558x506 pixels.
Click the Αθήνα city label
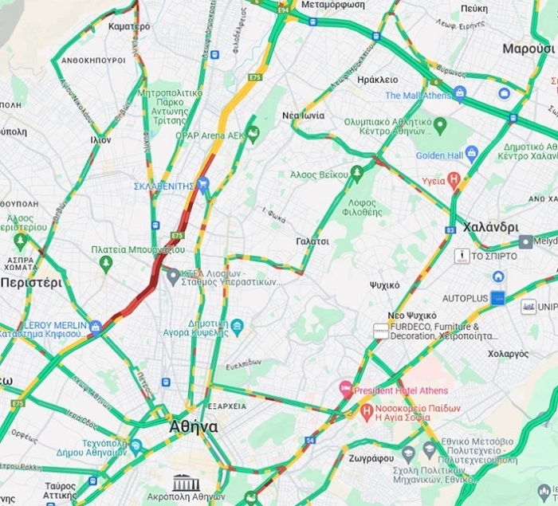point(195,426)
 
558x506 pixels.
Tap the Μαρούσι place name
point(529,49)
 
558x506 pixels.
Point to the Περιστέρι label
point(30,283)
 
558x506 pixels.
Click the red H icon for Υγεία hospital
point(454,179)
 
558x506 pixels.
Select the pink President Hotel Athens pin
point(346,390)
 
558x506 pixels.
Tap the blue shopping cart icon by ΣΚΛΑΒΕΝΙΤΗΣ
point(205,186)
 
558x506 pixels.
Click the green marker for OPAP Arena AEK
point(253,134)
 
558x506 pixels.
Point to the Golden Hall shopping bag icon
point(472,153)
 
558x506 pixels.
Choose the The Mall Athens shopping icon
point(459,95)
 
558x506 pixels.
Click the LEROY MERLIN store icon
point(96,327)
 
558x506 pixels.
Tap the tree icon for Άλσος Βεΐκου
point(357,173)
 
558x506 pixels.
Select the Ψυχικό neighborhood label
point(385,284)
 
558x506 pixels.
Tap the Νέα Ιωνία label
point(302,116)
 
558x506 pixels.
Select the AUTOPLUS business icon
point(497,298)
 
